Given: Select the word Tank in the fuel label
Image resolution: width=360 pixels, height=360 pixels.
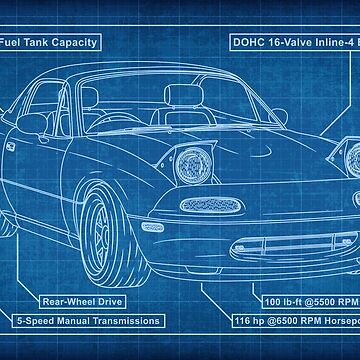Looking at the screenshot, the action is click(45, 43).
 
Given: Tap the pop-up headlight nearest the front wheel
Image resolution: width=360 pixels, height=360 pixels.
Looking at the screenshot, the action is click(192, 165).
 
